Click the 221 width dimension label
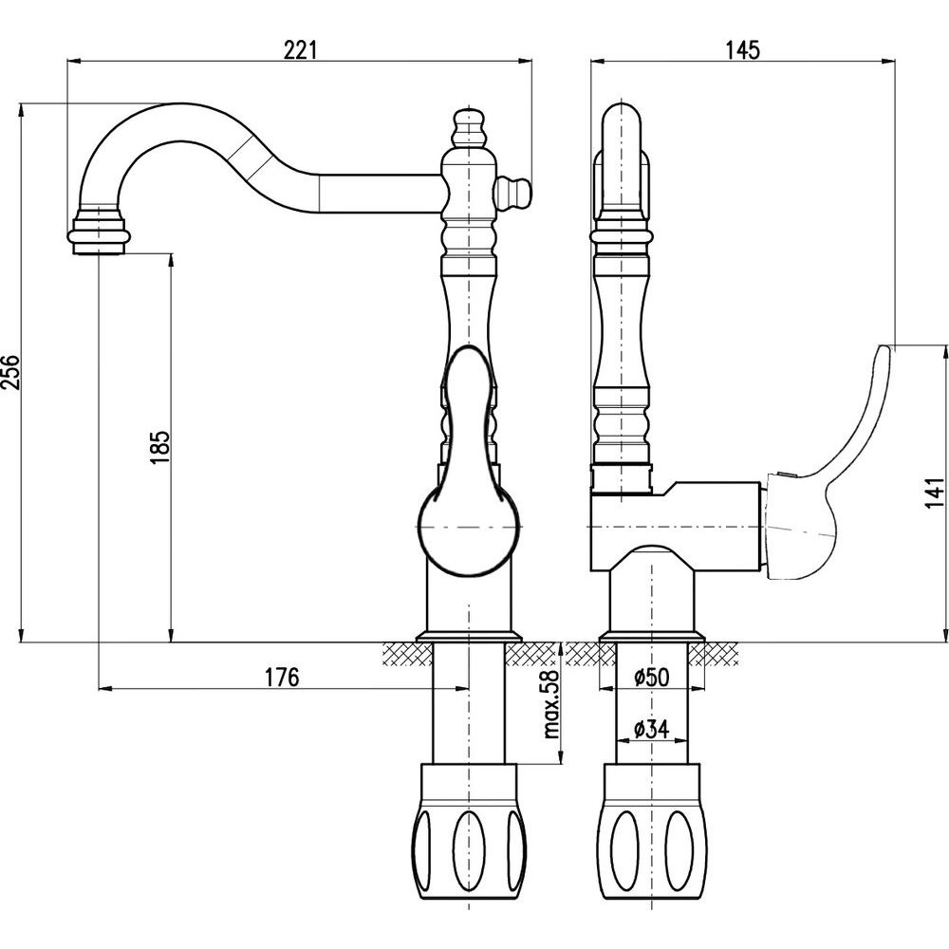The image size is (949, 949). click(299, 50)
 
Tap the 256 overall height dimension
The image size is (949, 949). click(9, 371)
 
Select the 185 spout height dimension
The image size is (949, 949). click(159, 445)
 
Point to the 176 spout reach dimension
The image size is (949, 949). click(282, 677)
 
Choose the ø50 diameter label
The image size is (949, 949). click(651, 677)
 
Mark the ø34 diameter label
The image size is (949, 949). click(651, 729)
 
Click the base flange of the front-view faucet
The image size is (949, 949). click(470, 635)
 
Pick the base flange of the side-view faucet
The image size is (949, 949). click(653, 635)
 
